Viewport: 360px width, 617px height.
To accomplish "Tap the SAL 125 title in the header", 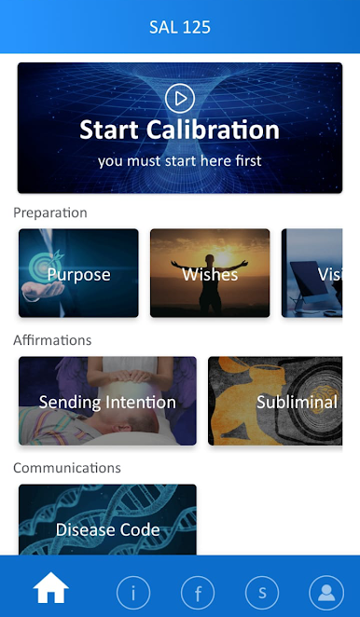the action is click(180, 27).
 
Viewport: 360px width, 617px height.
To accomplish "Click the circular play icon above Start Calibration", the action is click(180, 99).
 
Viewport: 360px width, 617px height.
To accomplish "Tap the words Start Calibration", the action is click(180, 130).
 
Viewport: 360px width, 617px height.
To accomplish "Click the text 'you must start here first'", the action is click(180, 160).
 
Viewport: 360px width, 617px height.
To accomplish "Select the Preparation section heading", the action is click(50, 213).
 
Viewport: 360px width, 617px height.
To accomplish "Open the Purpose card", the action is click(78, 273).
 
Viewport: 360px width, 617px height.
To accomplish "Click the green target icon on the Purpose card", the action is click(45, 266).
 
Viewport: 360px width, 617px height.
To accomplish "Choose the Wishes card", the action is click(210, 273).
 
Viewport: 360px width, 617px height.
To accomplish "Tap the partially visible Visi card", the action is click(312, 273).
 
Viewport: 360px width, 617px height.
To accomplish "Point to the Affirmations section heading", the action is click(52, 340).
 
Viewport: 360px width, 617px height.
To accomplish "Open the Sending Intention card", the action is click(107, 401).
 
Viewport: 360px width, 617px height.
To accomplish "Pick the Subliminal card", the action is click(275, 401).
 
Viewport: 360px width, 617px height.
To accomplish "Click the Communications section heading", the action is click(67, 468).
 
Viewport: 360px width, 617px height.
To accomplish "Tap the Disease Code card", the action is click(107, 519).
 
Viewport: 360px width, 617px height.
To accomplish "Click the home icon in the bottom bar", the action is click(50, 587).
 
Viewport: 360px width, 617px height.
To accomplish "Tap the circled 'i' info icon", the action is click(133, 592).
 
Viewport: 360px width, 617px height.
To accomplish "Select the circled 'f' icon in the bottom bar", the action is click(198, 592).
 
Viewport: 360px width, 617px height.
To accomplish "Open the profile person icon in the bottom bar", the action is click(326, 592).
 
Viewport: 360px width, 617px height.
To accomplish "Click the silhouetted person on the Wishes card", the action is click(210, 282).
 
